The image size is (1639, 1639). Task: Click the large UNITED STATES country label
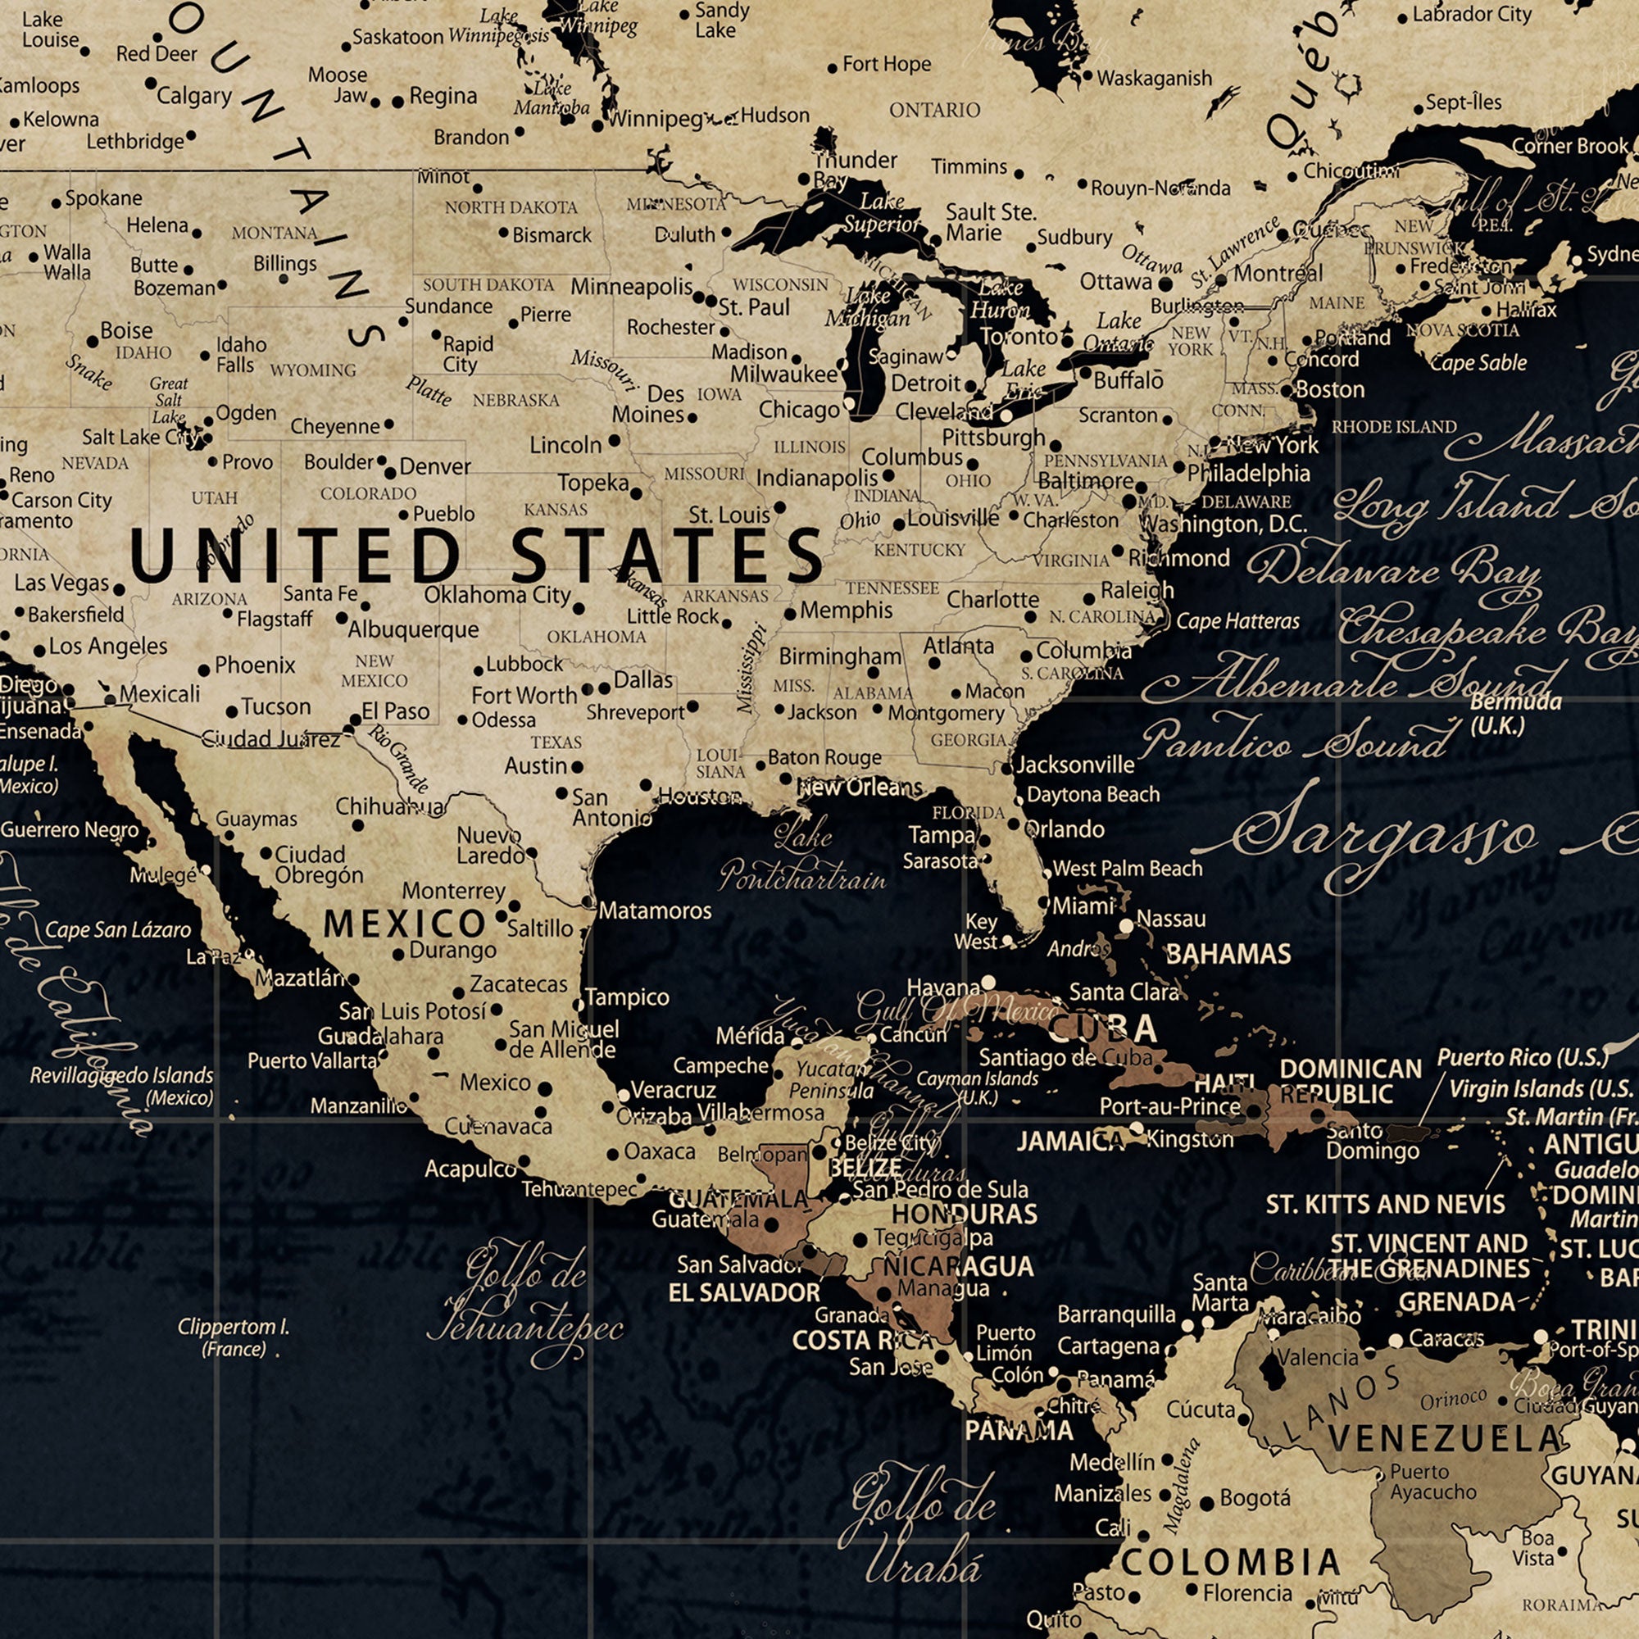tap(475, 555)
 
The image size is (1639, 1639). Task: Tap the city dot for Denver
tap(390, 473)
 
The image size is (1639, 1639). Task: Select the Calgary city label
tap(193, 96)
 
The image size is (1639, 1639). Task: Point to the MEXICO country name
tap(404, 924)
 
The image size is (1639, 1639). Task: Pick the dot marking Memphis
tap(790, 613)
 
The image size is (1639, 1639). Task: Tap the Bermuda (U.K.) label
tap(1515, 714)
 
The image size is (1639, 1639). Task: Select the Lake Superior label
tap(881, 212)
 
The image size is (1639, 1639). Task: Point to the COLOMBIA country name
tap(1230, 1562)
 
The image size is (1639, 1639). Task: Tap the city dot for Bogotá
tap(1206, 1504)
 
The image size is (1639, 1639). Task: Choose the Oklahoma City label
tap(497, 595)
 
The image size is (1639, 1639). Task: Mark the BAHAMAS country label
tap(1228, 955)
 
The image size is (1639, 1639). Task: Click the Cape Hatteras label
tap(1237, 621)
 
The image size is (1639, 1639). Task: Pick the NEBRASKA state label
tap(515, 400)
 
